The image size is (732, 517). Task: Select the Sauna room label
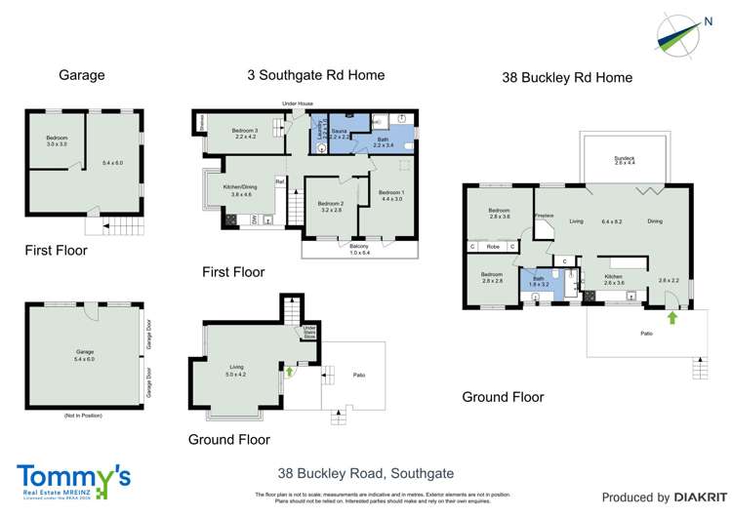pyautogui.click(x=340, y=134)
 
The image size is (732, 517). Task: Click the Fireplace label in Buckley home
pyautogui.click(x=545, y=216)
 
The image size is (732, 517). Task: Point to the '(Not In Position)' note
pyautogui.click(x=83, y=416)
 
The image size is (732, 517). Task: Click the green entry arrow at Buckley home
pyautogui.click(x=671, y=317)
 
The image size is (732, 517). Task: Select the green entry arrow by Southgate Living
pyautogui.click(x=289, y=372)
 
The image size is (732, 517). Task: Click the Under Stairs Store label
pyautogui.click(x=308, y=333)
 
